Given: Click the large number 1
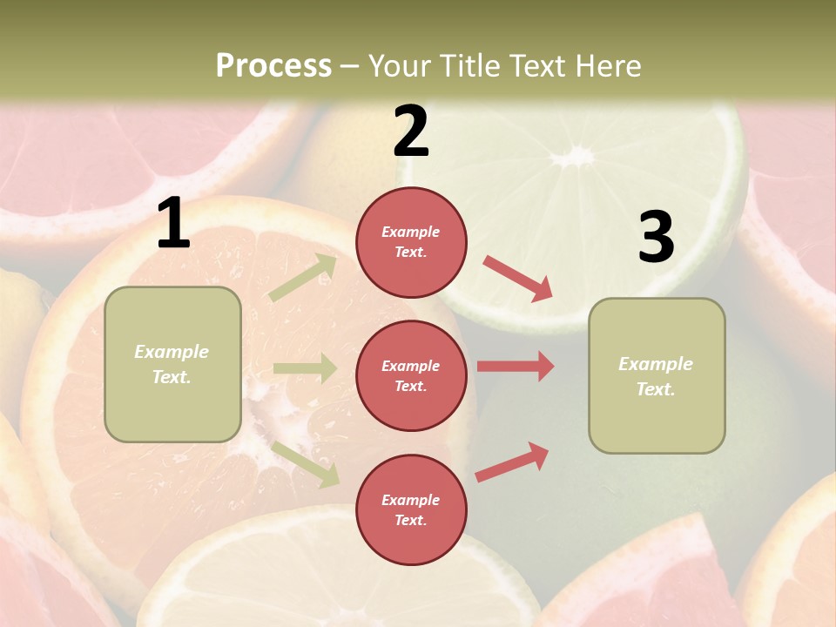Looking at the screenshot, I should coord(173,224).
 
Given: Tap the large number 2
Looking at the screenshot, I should coord(411,131).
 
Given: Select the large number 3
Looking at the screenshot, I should coord(656,238).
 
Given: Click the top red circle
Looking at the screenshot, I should coord(411,242).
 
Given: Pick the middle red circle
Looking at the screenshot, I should coord(411,375).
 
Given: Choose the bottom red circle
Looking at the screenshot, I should coord(411,509).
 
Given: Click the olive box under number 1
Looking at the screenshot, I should coord(172,364).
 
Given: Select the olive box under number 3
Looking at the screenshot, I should coord(657,375).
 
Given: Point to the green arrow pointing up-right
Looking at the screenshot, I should coord(303,278).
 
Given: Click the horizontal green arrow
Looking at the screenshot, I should coord(304,368).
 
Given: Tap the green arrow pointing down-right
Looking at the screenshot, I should coord(305,463).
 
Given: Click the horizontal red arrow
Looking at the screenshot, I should coord(515,366).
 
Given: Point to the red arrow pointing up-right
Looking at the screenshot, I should coord(512,462).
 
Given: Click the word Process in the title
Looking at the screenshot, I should coord(273,65).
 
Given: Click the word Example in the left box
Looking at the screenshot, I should coord(172,352).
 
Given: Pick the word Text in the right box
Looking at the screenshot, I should coord(655,389).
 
